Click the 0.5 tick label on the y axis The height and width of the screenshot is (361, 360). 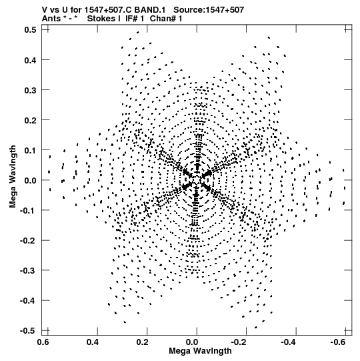tap(30, 30)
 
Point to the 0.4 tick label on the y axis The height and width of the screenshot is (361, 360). tap(30, 60)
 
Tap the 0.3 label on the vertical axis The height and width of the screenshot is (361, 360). tap(30, 90)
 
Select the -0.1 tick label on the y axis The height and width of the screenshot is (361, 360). tap(28, 211)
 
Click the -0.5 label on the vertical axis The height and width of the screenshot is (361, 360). tap(28, 331)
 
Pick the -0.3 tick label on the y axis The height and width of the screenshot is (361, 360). tap(28, 271)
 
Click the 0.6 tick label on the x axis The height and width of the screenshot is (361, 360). tap(43, 342)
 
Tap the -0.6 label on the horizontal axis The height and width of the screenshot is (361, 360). tap(337, 342)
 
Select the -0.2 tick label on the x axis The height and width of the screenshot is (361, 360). tap(238, 342)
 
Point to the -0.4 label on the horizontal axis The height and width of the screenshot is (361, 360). tap(288, 342)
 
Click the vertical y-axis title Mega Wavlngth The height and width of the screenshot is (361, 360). tap(13, 177)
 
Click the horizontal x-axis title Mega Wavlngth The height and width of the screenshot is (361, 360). tap(200, 351)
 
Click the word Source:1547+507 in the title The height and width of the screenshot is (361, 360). tap(209, 10)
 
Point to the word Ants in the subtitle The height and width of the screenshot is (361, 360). tap(51, 19)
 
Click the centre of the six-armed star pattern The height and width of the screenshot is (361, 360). tap(197, 180)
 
